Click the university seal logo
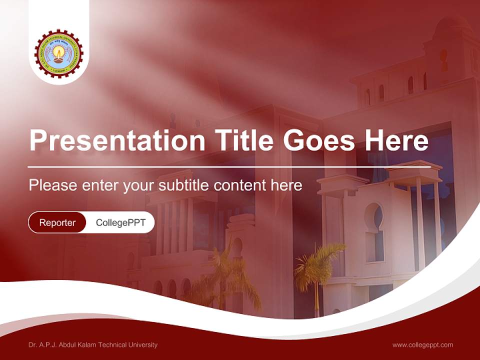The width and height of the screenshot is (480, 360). tap(59, 53)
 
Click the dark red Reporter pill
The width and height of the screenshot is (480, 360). tap(57, 222)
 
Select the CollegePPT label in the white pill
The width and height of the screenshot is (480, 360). tap(120, 222)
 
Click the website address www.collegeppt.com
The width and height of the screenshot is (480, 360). tap(422, 345)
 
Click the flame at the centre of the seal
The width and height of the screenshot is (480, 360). tap(59, 50)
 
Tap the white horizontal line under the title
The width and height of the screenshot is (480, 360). tap(229, 167)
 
